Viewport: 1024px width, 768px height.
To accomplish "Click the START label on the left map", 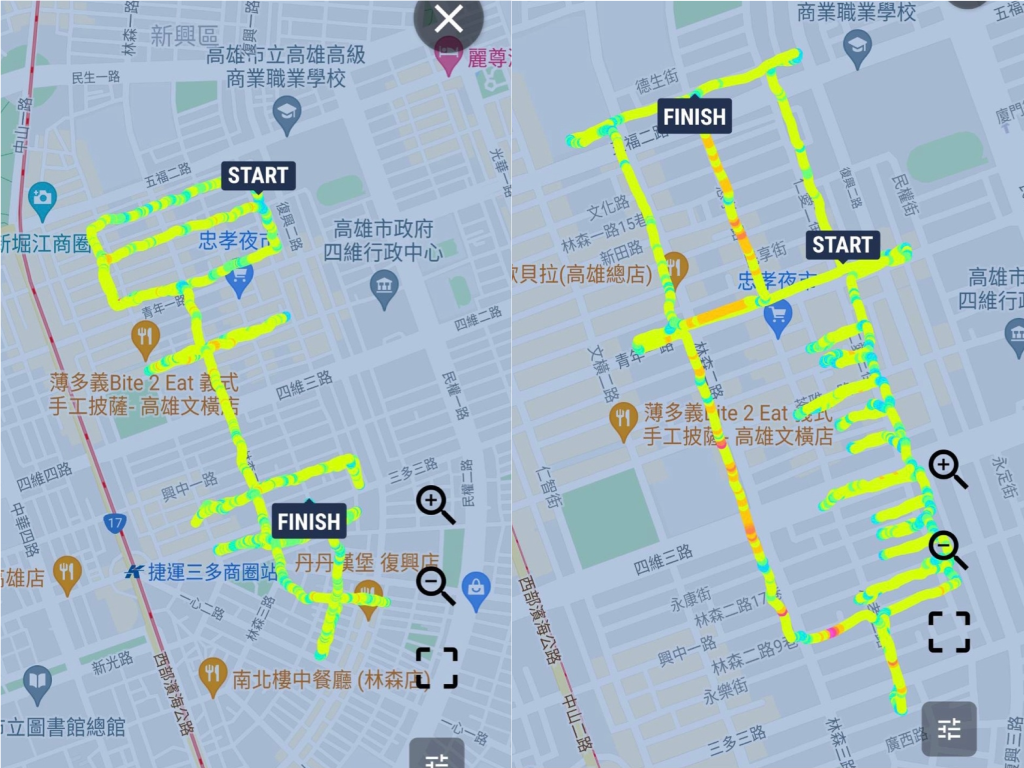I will (x=257, y=176).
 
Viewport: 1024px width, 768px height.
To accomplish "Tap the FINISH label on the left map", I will (x=308, y=521).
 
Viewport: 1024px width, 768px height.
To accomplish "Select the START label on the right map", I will (x=842, y=245).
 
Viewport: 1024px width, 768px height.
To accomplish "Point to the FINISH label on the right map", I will (x=694, y=117).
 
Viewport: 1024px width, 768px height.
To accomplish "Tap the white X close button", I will (x=449, y=18).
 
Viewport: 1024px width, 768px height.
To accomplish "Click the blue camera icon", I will (x=41, y=200).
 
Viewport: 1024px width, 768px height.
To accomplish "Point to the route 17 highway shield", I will (x=115, y=522).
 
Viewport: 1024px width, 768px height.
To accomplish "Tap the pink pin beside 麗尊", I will (x=450, y=58).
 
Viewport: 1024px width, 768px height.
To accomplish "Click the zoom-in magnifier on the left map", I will (x=435, y=504).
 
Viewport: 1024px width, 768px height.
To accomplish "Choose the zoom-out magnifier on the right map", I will (x=947, y=549).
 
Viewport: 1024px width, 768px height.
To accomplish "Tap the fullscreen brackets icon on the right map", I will (x=948, y=632).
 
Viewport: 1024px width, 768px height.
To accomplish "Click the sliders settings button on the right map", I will (x=948, y=729).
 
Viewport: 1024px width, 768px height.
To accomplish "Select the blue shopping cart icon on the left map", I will (x=239, y=280).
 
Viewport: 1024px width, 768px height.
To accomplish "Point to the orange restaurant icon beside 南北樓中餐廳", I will (x=212, y=676).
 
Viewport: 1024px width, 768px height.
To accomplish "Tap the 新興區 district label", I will (x=184, y=37).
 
